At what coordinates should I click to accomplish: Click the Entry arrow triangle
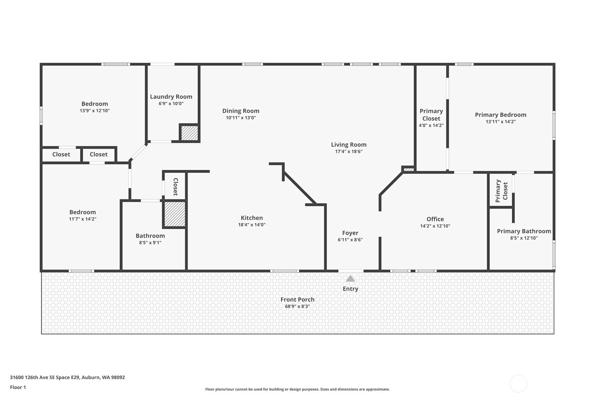pyautogui.click(x=350, y=279)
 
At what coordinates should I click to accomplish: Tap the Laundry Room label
pyautogui.click(x=171, y=97)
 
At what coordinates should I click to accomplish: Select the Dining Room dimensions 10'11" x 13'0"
pyautogui.click(x=241, y=118)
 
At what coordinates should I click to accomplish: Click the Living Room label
pyautogui.click(x=349, y=145)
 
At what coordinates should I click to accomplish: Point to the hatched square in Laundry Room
pyautogui.click(x=190, y=133)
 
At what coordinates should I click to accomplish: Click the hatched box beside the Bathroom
pyautogui.click(x=175, y=214)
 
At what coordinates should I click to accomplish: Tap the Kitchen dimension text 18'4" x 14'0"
pyautogui.click(x=252, y=225)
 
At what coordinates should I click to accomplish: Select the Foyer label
pyautogui.click(x=350, y=233)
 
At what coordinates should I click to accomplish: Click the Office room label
pyautogui.click(x=435, y=219)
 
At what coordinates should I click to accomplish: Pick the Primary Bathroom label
pyautogui.click(x=524, y=231)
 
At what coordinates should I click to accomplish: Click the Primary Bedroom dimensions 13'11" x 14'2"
pyautogui.click(x=500, y=122)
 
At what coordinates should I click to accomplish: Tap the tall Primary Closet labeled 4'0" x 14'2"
pyautogui.click(x=431, y=115)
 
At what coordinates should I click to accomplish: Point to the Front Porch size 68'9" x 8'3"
pyautogui.click(x=297, y=306)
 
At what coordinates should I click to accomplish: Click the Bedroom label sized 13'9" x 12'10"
pyautogui.click(x=95, y=104)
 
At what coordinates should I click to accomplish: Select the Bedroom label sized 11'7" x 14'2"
pyautogui.click(x=82, y=212)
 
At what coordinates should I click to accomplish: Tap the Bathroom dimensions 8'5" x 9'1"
pyautogui.click(x=150, y=243)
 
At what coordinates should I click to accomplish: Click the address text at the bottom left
pyautogui.click(x=67, y=377)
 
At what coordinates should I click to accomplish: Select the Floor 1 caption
pyautogui.click(x=18, y=387)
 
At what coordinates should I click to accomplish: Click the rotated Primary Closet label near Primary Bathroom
pyautogui.click(x=501, y=191)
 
